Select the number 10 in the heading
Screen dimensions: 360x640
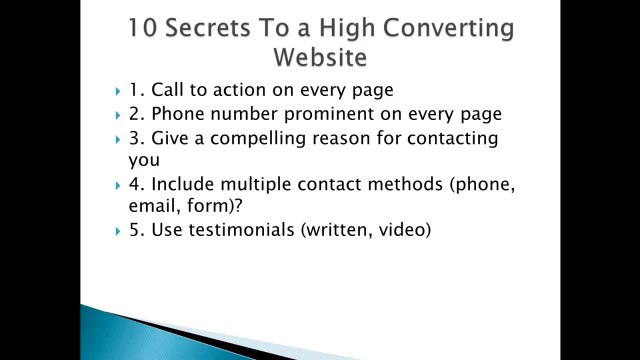pos(143,27)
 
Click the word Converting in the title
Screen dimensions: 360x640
pos(454,27)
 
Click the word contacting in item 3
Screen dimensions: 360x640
pos(452,138)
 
